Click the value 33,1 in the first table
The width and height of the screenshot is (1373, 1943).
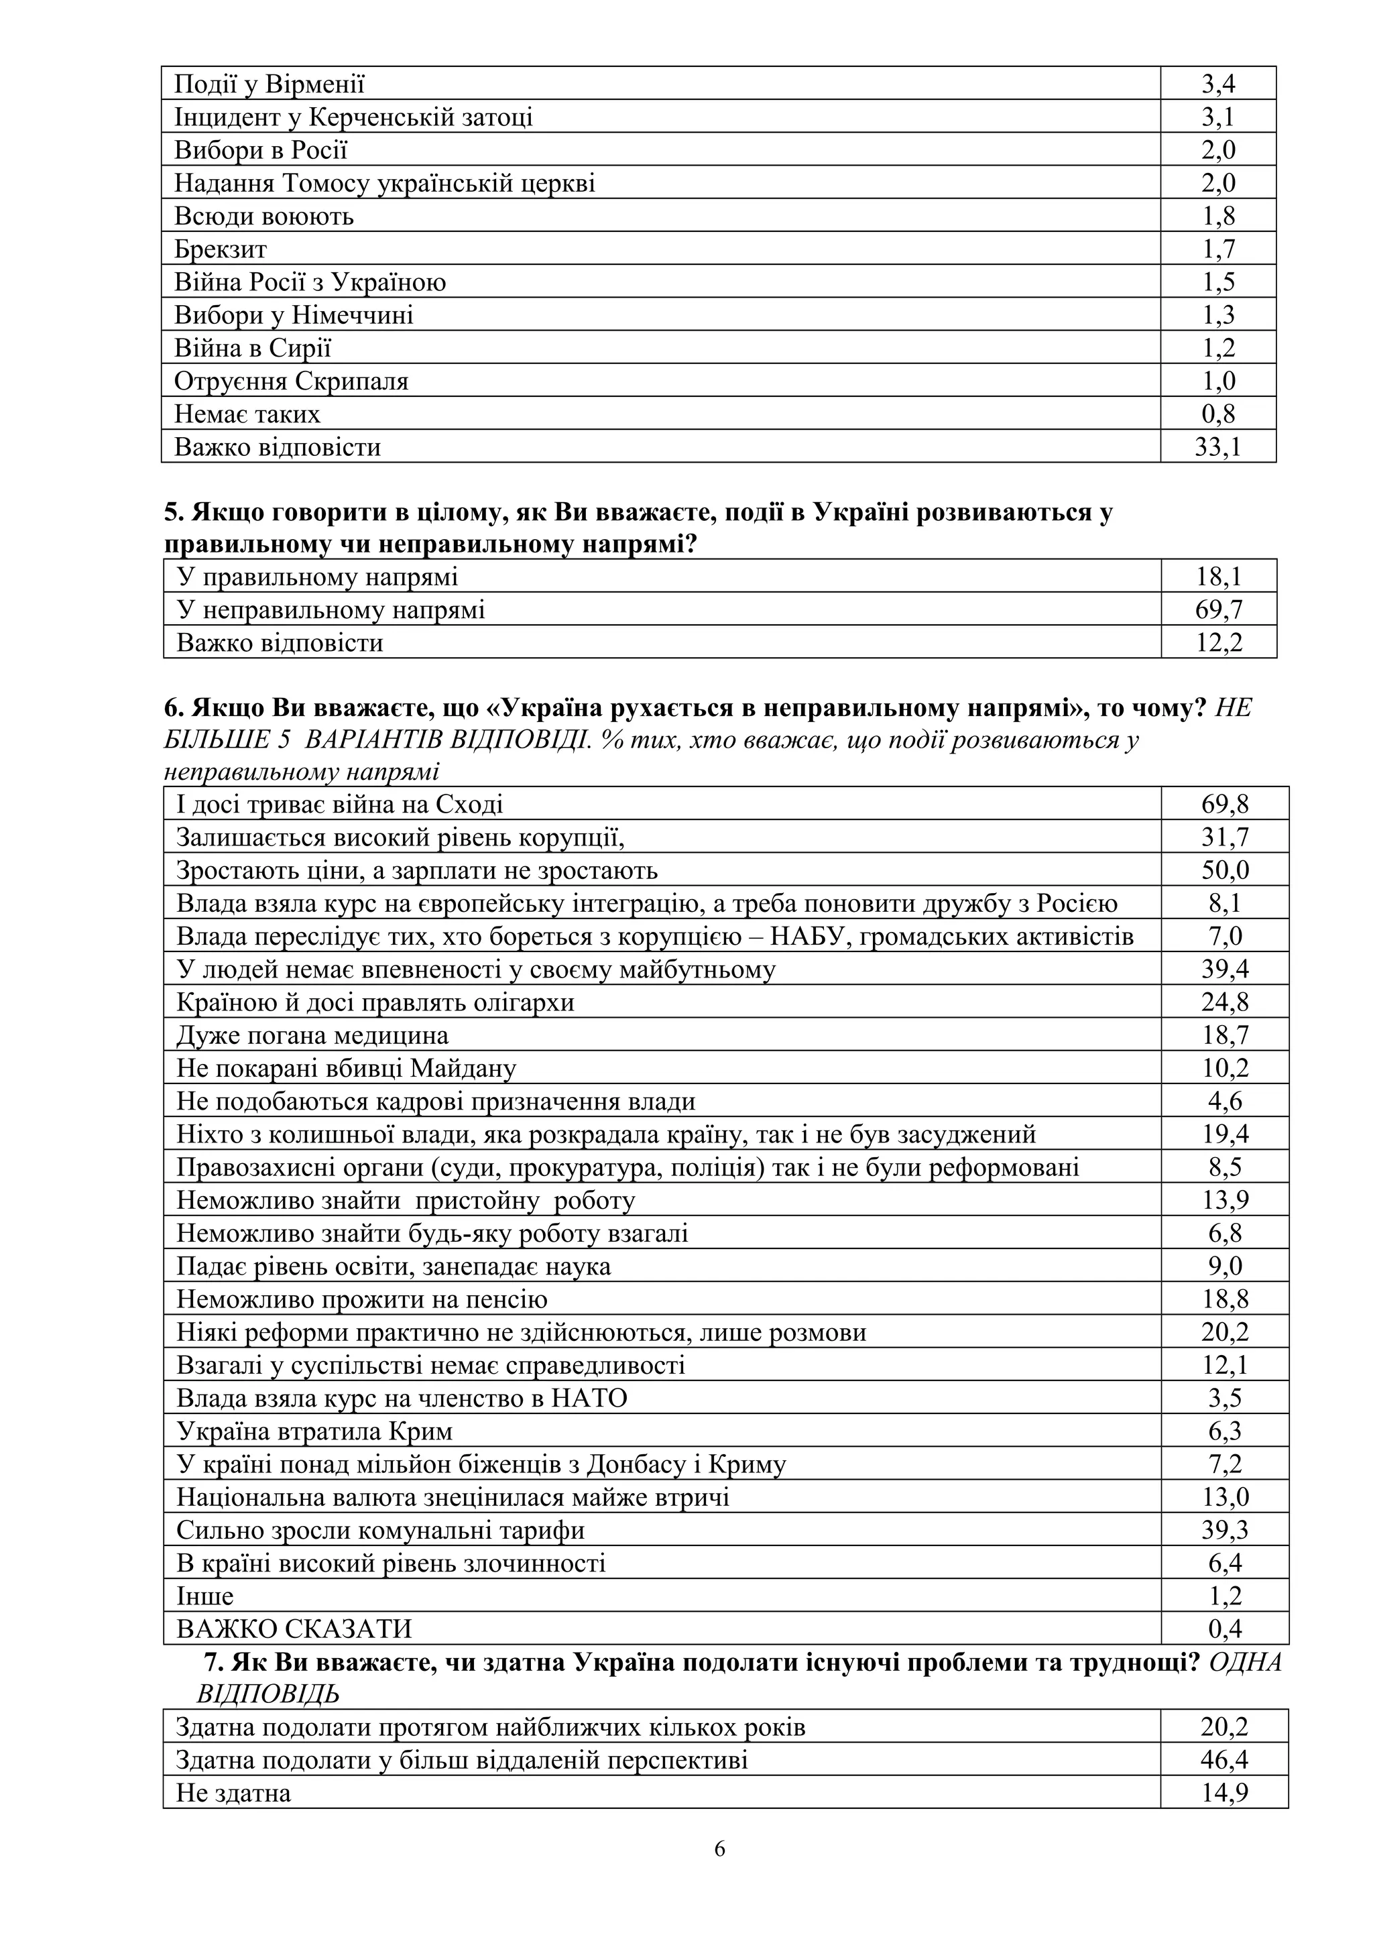(1217, 447)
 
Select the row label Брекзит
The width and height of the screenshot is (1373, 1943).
(220, 249)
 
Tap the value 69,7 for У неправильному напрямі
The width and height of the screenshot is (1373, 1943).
(1219, 609)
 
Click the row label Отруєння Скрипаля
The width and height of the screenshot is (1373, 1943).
(291, 381)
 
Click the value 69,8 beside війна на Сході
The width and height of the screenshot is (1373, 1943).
(1225, 804)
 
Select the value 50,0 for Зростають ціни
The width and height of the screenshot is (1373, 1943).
(1225, 870)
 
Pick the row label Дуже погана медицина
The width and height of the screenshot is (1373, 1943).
(312, 1035)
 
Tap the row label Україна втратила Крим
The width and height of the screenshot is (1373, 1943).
(314, 1431)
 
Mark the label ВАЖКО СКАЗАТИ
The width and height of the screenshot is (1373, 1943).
(294, 1629)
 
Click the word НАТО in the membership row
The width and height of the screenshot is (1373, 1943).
(589, 1398)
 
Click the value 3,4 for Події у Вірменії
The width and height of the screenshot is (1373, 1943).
(1218, 84)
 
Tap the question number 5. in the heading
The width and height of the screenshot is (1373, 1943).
(174, 513)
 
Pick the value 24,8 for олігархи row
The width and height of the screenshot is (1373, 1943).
(1225, 1002)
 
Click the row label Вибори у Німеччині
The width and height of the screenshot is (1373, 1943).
(294, 315)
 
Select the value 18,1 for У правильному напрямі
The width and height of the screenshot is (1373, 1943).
(1219, 577)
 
